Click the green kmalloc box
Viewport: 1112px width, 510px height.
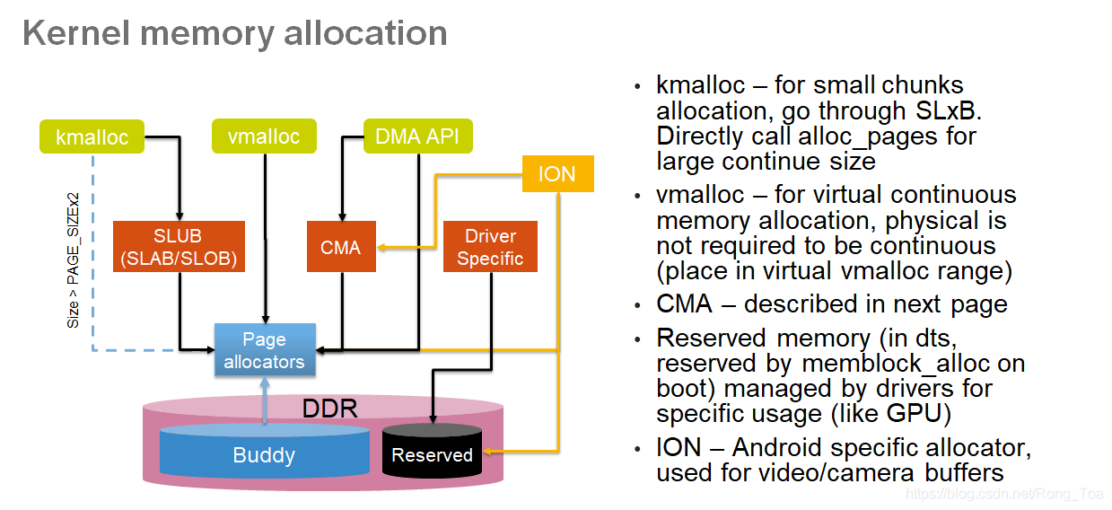(x=92, y=137)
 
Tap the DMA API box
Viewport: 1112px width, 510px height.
(x=417, y=136)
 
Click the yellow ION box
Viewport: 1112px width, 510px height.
(x=557, y=174)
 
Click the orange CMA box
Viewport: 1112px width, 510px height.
(x=340, y=247)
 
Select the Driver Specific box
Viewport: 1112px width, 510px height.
(x=490, y=247)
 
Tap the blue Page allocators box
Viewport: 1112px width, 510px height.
(x=264, y=351)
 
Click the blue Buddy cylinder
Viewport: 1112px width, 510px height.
(x=264, y=454)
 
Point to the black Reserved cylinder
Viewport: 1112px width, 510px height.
(x=432, y=454)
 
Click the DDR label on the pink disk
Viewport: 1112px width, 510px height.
(x=328, y=409)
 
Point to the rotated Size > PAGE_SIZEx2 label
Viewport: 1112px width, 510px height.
(x=74, y=260)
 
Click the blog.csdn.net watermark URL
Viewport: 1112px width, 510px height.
(x=1005, y=493)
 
